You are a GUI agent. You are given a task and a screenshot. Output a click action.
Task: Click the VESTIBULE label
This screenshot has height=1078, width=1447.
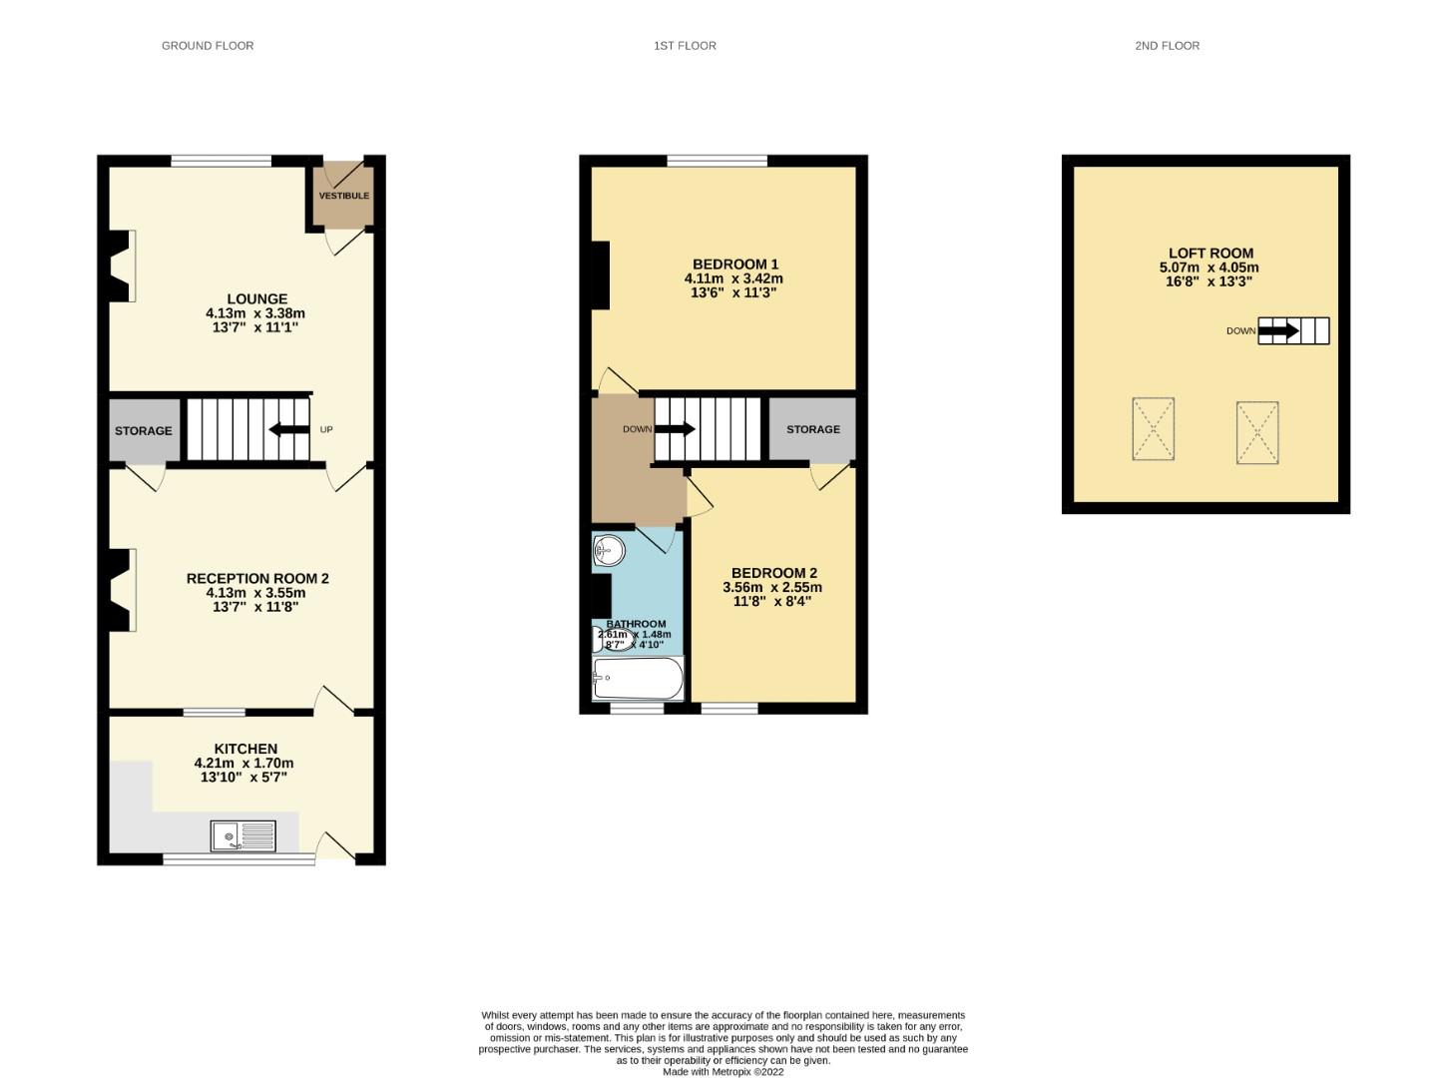(343, 196)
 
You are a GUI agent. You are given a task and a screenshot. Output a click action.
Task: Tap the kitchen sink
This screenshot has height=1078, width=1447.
(243, 835)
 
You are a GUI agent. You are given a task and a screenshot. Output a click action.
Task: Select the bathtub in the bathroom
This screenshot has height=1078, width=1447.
(638, 679)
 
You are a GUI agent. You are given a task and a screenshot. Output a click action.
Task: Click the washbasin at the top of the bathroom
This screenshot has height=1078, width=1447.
(608, 551)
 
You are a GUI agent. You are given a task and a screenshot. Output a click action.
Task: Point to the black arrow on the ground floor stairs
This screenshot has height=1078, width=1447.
(288, 430)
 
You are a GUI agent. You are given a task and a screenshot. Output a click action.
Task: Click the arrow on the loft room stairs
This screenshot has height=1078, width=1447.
(1278, 330)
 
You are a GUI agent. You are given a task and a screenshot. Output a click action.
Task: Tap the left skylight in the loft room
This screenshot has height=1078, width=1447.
(1153, 429)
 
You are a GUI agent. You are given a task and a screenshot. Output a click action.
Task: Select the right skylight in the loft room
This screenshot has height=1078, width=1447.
(1257, 432)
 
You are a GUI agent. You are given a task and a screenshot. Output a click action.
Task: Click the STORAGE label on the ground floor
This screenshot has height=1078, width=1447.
(143, 431)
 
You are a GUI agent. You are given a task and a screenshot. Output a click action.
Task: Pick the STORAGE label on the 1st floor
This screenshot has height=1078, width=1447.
(812, 429)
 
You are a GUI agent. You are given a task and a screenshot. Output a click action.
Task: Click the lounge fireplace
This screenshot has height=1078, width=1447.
(122, 266)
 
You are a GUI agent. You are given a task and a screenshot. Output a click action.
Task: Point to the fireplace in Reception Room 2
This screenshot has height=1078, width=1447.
(122, 590)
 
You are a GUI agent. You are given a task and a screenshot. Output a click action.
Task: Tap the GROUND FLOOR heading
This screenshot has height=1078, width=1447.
(208, 46)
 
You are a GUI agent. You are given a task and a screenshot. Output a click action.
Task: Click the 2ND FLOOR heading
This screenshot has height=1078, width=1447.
(1167, 46)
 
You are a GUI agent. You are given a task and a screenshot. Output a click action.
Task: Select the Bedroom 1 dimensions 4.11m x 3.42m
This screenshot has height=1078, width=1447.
(732, 278)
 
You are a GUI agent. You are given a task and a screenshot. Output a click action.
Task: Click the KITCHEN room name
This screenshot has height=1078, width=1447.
(245, 749)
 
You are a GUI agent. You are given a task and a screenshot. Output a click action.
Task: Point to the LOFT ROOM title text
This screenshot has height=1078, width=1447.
(1210, 254)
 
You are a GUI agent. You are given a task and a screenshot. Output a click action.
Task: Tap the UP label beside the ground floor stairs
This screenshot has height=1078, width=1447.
(326, 430)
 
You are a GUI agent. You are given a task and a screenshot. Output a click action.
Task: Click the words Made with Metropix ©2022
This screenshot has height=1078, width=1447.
(723, 1072)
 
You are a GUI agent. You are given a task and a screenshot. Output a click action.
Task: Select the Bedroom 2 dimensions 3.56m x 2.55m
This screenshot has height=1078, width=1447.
(772, 588)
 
